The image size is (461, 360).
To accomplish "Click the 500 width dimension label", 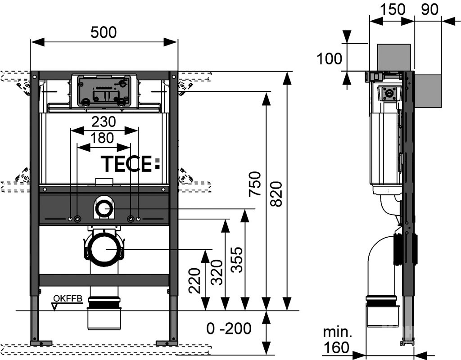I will pyautogui.click(x=104, y=32).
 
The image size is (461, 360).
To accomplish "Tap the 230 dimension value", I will pyautogui.click(x=104, y=121).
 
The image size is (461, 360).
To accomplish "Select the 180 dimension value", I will pyautogui.click(x=103, y=138).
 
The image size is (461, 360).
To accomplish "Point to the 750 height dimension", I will pyautogui.click(x=255, y=183).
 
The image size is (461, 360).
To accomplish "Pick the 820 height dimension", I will pyautogui.click(x=276, y=193).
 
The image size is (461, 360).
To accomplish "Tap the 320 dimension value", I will pyautogui.click(x=217, y=273).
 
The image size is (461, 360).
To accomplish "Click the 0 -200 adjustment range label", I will pyautogui.click(x=229, y=329).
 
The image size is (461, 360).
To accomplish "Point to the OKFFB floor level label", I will pyautogui.click(x=65, y=298).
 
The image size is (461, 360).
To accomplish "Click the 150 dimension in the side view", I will pyautogui.click(x=392, y=9).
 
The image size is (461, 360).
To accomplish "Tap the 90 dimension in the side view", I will pyautogui.click(x=429, y=9).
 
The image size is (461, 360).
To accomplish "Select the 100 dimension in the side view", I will pyautogui.click(x=330, y=58).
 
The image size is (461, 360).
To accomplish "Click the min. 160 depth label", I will pyautogui.click(x=337, y=340).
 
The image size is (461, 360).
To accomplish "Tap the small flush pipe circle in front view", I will pyautogui.click(x=104, y=209).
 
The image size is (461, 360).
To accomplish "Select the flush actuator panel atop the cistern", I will pyautogui.click(x=103, y=90).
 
